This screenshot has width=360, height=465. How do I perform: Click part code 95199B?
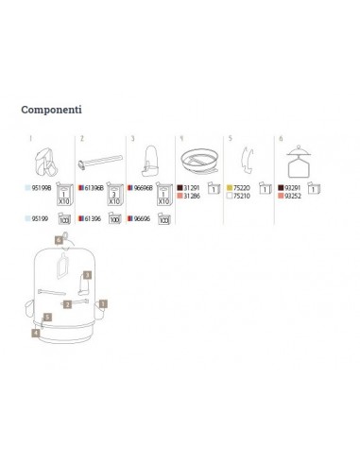(x=43, y=189)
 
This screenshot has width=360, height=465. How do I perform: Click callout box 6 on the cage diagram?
(x=59, y=241)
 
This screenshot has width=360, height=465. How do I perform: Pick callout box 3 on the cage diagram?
(x=86, y=274)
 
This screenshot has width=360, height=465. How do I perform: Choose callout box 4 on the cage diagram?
(x=35, y=333)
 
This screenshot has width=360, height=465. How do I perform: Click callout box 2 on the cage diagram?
(x=68, y=305)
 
